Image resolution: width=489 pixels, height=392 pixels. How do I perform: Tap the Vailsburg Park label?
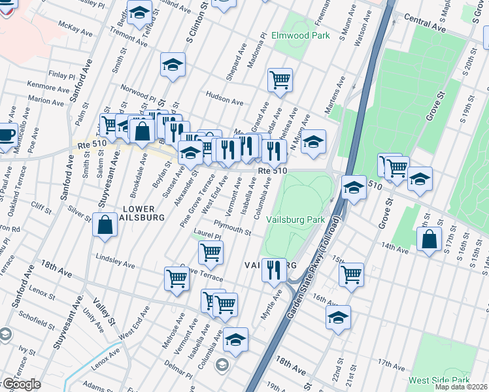(x=299, y=220)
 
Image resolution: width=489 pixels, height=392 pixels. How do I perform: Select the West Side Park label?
(x=439, y=380)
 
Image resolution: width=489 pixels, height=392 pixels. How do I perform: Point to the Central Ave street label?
(x=424, y=26)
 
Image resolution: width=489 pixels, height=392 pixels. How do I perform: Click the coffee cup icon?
(x=5, y=135)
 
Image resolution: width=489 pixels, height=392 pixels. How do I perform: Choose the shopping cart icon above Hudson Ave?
(x=280, y=80)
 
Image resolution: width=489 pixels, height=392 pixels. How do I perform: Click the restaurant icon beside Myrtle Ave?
(x=274, y=269)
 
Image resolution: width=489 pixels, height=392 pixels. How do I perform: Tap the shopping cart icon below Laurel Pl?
(x=210, y=252)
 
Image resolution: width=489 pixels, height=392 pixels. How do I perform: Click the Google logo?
(x=21, y=384)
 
